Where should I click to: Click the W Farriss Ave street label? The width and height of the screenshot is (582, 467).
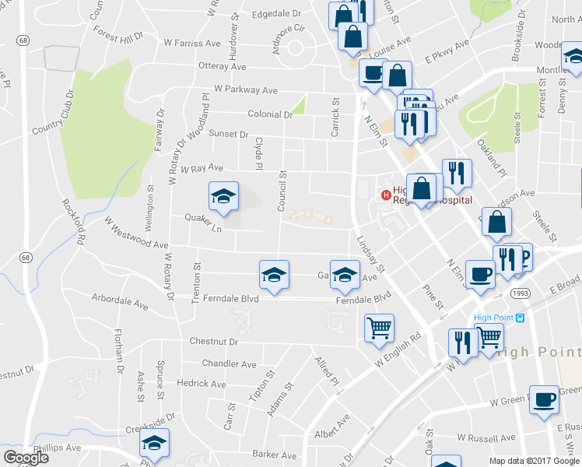tap(191, 44)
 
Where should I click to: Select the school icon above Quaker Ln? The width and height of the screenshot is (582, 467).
tap(223, 195)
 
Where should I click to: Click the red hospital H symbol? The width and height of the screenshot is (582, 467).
tap(384, 193)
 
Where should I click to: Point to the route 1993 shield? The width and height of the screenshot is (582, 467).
tap(521, 291)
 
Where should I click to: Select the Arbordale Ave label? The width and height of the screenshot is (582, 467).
tap(119, 300)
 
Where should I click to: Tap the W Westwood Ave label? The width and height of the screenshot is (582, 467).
tap(137, 232)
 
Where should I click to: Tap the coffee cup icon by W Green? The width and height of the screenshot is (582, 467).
tap(543, 399)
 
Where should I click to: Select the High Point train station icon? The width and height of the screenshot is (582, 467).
tap(521, 318)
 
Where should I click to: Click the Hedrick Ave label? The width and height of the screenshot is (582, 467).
tap(202, 384)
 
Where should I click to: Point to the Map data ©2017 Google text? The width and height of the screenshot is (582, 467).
tap(534, 460)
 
